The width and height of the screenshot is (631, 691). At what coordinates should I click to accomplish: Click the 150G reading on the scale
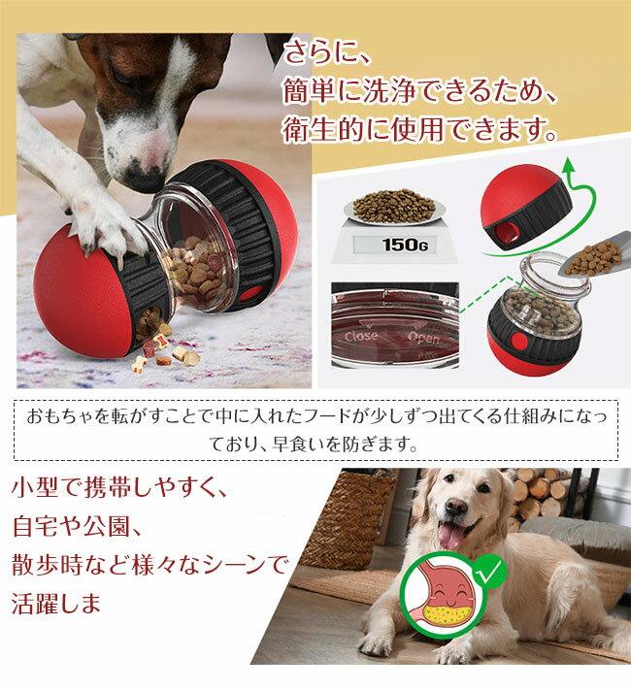coord(405,245)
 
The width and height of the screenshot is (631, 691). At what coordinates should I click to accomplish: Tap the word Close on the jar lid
coord(361,336)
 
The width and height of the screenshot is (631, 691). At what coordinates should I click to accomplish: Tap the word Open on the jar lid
coord(423,338)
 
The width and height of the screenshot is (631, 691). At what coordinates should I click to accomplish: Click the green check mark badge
coord(489,571)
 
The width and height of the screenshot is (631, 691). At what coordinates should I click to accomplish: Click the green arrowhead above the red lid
coord(569,165)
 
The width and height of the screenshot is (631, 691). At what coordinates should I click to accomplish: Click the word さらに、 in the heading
coord(327,52)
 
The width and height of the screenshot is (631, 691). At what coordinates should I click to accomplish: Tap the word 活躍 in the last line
coord(35,604)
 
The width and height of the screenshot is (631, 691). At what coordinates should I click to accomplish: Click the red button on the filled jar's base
coord(519,342)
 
